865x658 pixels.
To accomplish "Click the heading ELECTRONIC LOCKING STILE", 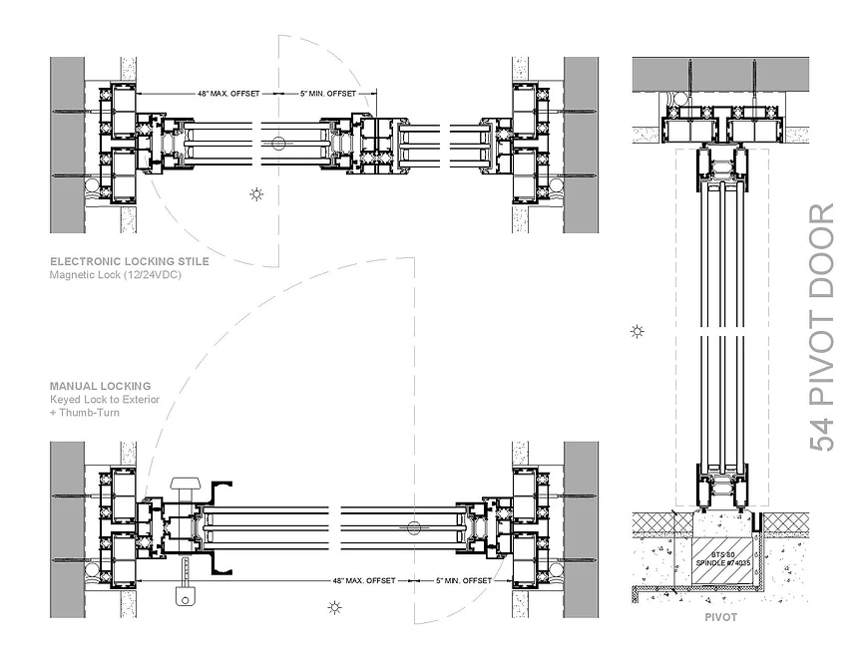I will tap(130, 262).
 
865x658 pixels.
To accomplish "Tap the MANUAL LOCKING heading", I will tap(101, 386).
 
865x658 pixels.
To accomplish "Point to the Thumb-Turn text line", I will tap(85, 412).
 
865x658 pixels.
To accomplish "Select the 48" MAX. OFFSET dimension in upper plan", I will tap(227, 94).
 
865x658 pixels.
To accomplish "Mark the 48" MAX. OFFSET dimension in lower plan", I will tap(364, 580).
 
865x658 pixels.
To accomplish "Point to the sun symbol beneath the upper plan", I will tap(257, 193).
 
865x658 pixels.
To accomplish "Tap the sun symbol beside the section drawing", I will tap(638, 331).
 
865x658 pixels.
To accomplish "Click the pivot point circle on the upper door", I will tap(278, 144).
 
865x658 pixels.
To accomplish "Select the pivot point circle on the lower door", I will tap(414, 526).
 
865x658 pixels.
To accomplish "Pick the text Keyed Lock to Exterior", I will tap(105, 400).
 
